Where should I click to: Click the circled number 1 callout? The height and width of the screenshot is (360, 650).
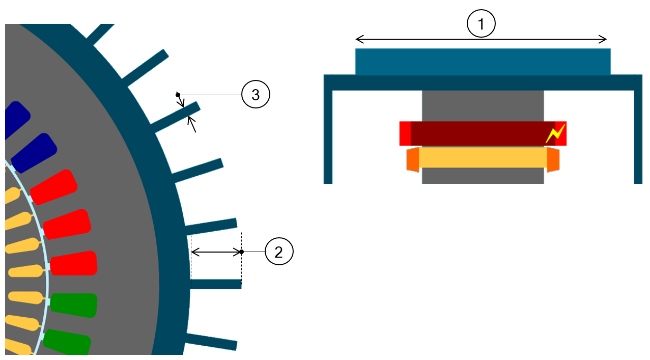[481, 24]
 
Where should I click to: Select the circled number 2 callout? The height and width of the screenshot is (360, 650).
[279, 252]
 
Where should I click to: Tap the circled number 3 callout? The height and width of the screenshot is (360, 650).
[256, 95]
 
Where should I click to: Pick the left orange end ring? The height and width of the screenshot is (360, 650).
[413, 159]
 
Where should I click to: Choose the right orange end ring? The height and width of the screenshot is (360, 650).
[553, 159]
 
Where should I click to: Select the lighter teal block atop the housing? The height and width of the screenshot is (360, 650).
[483, 62]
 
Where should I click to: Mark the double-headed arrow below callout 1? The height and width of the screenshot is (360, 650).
[481, 39]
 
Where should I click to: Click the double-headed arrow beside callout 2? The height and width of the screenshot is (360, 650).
[216, 252]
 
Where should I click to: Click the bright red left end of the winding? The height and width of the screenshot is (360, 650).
[405, 133]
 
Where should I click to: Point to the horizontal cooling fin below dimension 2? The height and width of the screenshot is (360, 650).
[216, 284]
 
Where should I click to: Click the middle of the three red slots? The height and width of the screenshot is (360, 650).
[67, 224]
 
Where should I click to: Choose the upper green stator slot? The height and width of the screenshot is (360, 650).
[74, 304]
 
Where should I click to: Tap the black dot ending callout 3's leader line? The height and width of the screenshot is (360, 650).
[178, 95]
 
